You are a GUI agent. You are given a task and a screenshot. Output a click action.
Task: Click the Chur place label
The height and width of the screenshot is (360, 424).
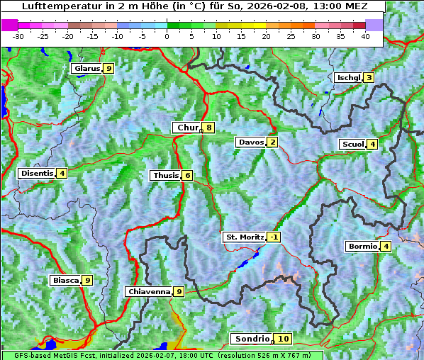188,128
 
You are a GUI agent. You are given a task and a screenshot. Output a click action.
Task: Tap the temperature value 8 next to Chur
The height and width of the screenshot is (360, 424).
209,128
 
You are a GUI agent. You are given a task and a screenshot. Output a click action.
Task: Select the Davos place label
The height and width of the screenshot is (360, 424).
251,142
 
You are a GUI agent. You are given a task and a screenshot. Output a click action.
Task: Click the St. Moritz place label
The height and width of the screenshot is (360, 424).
244,237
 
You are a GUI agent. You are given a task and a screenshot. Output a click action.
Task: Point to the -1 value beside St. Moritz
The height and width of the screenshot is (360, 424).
274,237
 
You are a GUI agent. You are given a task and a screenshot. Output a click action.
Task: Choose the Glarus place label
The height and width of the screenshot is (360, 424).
87,68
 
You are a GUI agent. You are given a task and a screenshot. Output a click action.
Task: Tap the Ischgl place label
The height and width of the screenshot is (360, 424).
348,77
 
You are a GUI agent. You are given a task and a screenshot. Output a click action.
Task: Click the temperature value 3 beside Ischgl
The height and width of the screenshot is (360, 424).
369,77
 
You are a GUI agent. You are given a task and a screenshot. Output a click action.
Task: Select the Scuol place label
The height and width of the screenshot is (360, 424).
352,144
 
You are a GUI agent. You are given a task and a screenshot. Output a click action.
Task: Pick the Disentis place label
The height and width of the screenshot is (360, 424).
37,173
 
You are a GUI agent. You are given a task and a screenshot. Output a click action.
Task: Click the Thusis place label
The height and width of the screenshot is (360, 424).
165,175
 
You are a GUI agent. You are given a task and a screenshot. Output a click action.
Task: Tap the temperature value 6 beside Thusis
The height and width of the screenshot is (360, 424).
187,175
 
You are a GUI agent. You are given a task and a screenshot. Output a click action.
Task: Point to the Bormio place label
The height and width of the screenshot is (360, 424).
362,246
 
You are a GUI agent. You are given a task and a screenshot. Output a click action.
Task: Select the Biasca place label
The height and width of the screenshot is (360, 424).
65,280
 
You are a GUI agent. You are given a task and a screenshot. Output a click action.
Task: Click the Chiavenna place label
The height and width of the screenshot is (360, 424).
149,291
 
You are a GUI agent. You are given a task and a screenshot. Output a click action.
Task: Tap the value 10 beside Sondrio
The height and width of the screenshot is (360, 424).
283,339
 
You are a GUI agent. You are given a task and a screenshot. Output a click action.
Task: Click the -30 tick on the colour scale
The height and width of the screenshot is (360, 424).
18,35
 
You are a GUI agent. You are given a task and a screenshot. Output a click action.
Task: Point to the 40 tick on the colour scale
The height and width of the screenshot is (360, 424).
365,35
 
